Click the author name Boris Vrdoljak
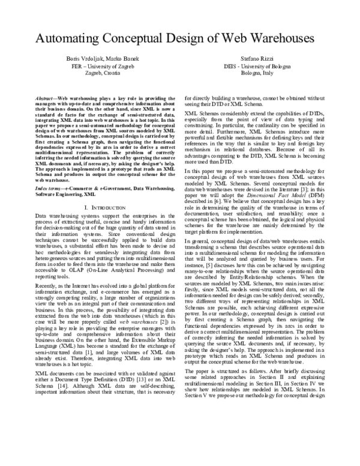point(79,58)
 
